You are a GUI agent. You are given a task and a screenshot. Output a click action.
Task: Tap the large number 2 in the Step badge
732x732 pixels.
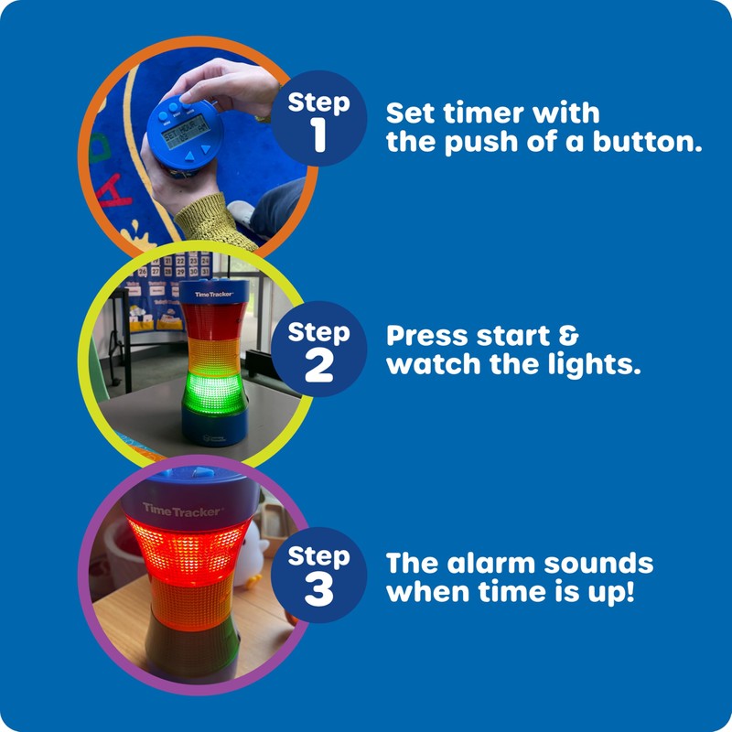pos(318,365)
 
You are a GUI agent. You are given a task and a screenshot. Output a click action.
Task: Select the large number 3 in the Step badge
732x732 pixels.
pos(318,590)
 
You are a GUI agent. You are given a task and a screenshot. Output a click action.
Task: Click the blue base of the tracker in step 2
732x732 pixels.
pos(212,425)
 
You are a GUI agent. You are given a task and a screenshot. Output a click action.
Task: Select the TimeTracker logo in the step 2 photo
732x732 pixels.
pos(214,294)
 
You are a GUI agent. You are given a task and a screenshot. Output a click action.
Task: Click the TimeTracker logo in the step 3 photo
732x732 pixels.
pos(181,509)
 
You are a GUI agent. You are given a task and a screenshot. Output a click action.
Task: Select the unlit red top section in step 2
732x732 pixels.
pos(213,321)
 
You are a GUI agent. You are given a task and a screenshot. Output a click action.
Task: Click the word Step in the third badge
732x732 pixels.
pos(318,555)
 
